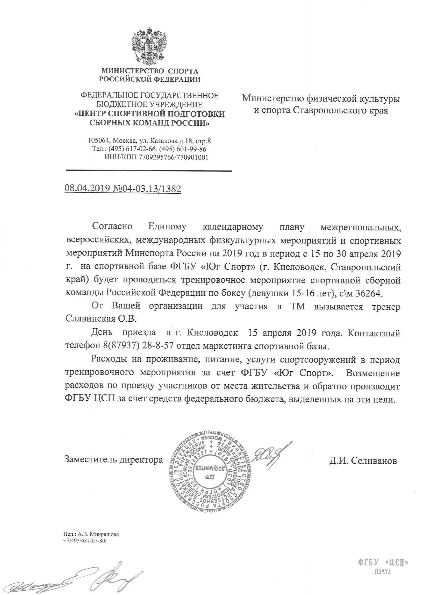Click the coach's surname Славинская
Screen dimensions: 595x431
click(x=90, y=319)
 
